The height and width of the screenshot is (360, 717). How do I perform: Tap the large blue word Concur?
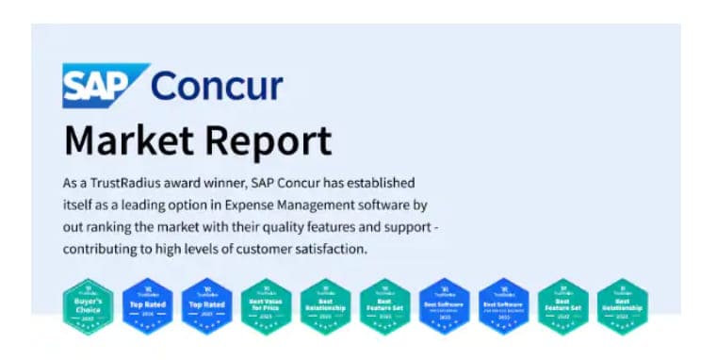tap(217, 86)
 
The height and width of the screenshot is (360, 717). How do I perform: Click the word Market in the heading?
tap(125, 140)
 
